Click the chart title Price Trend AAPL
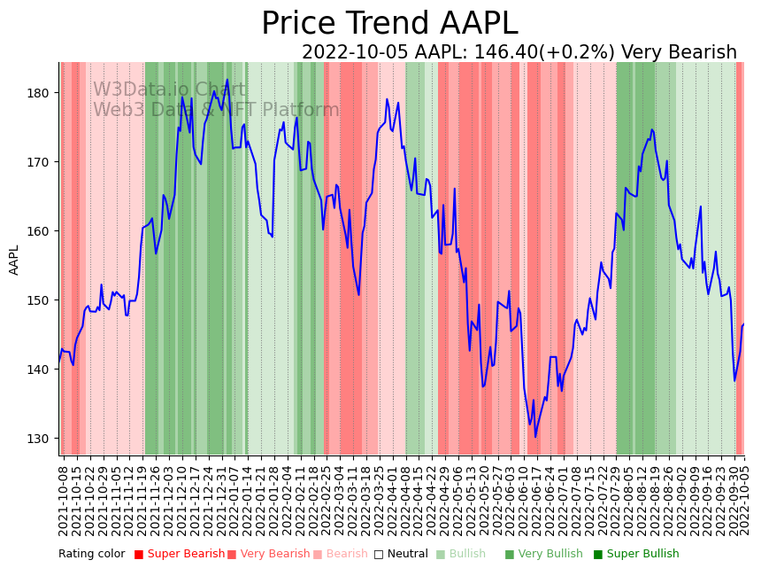pyautogui.click(x=389, y=24)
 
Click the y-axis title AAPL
pyautogui.click(x=14, y=260)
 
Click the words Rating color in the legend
pyautogui.click(x=92, y=555)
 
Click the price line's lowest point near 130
pyautogui.click(x=535, y=436)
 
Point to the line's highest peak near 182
pyautogui.click(x=227, y=80)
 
